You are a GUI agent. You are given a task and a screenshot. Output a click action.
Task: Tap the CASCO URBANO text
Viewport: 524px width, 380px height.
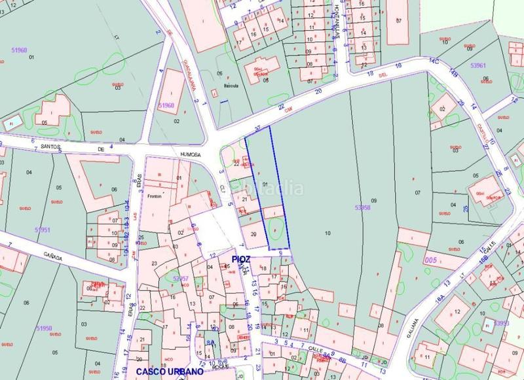click(x=166, y=371)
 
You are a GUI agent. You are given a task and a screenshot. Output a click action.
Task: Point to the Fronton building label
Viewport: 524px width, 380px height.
click(x=154, y=195)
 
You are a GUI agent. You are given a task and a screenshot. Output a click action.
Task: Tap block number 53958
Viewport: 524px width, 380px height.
click(x=362, y=207)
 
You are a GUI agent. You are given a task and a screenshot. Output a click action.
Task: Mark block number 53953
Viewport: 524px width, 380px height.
click(x=502, y=323)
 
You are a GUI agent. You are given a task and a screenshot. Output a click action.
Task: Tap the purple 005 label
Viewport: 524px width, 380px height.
click(x=430, y=260)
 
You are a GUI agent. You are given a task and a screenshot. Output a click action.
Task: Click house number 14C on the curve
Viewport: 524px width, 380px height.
click(x=433, y=60)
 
